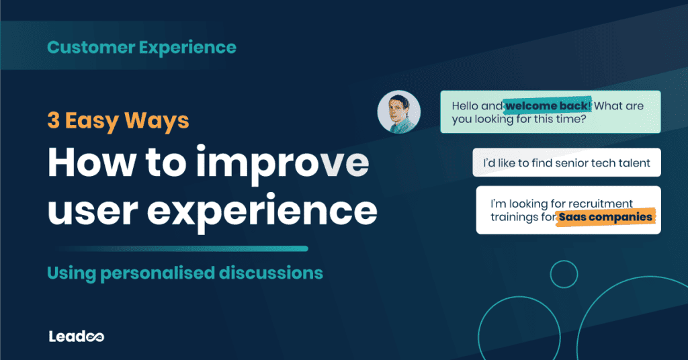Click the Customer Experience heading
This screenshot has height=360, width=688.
(x=142, y=47)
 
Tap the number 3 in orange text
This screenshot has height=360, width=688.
(x=53, y=121)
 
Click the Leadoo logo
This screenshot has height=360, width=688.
(x=76, y=336)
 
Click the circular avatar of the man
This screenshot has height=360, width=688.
(x=398, y=112)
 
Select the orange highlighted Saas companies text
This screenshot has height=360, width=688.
(x=605, y=217)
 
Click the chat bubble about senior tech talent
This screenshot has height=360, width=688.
(x=566, y=163)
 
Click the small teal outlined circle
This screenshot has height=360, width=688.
(x=564, y=273)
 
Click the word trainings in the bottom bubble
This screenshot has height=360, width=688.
(x=514, y=217)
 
